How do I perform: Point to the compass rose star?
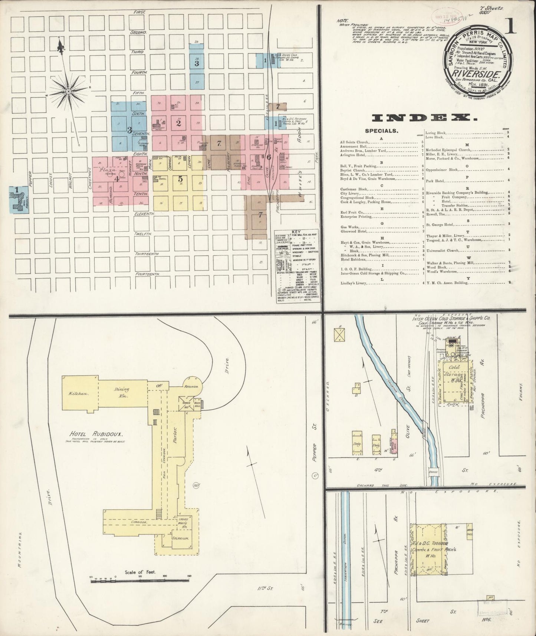[68, 90]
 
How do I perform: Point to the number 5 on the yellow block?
[180, 178]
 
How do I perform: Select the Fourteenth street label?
[147, 274]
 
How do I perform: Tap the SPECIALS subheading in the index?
[382, 131]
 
